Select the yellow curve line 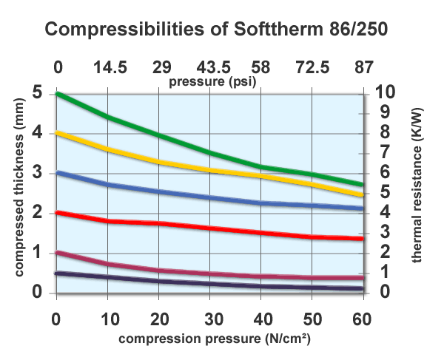point(210,171)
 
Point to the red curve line point(210,228)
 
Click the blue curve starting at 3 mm point(210,197)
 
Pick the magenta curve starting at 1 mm point(210,273)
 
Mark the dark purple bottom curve point(210,284)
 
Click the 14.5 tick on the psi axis point(109,68)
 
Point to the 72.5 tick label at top point(312,68)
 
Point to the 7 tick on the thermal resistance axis point(383,153)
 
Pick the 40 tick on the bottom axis point(261,319)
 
